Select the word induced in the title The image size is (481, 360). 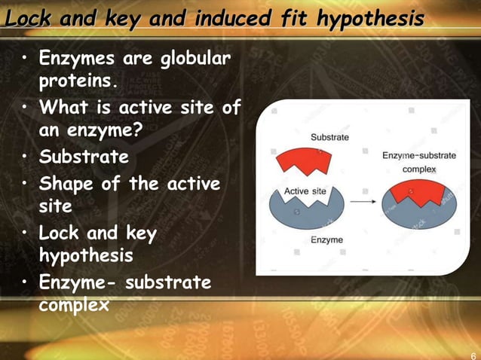[229, 17]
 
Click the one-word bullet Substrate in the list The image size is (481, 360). [84, 157]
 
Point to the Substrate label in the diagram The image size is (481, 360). [330, 137]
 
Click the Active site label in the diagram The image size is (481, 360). [305, 191]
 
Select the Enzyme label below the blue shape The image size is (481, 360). [326, 240]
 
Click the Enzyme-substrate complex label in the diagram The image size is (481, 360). [418, 162]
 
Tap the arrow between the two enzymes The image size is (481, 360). [363, 202]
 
